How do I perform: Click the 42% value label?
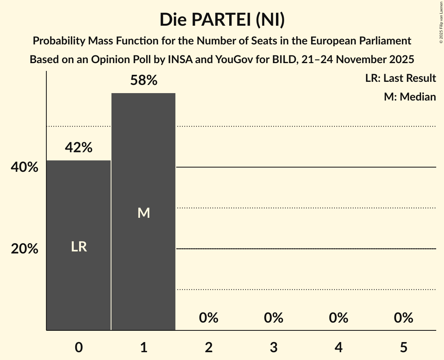point(79,148)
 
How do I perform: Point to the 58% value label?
point(143,81)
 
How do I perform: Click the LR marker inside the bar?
point(79,247)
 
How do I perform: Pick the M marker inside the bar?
point(143,213)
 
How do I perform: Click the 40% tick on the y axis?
point(25,168)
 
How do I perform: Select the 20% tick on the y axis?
point(25,249)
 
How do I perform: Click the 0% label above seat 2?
point(209,318)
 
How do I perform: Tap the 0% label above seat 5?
point(403,318)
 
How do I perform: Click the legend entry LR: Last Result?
point(400,78)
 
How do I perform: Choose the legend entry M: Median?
point(410,97)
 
